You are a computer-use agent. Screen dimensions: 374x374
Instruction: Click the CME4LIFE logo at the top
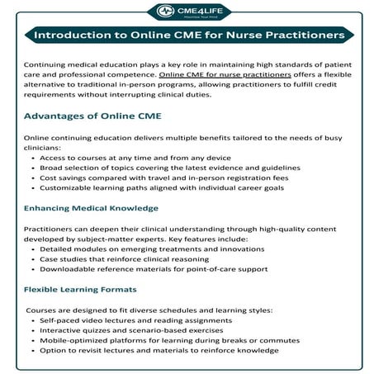click(x=187, y=12)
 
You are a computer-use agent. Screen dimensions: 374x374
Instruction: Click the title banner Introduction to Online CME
click(x=187, y=36)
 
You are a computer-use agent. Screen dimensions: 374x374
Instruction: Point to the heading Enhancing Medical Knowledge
click(x=91, y=208)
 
